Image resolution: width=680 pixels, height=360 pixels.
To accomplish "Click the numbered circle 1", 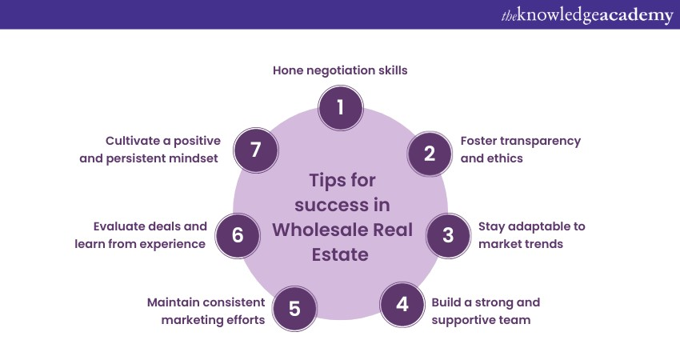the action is coord(341,107).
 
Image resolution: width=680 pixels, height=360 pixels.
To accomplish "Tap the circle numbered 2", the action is coord(430,154).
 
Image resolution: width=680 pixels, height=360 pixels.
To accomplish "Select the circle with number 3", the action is coord(448,235).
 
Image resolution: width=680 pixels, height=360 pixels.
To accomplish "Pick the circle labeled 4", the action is coord(402,305).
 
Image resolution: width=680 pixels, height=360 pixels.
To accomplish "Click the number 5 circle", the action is coord(294,308).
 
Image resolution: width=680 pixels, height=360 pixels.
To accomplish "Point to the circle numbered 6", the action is coord(238,235).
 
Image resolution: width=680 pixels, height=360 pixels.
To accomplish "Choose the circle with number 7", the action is coord(256,150).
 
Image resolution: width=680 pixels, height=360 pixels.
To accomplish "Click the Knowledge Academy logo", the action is coord(587,15).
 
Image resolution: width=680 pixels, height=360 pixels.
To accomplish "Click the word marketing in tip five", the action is coord(192,320).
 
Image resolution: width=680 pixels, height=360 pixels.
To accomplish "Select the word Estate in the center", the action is coord(340,254).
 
